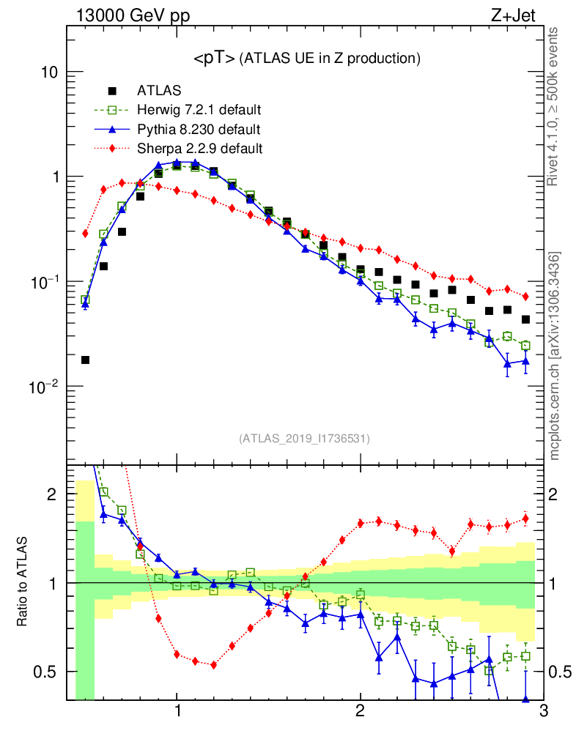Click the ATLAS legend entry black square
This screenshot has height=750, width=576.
pos(112,91)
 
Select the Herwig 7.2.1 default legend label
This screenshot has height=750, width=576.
pos(199,110)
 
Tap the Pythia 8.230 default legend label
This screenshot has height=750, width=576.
pos(199,129)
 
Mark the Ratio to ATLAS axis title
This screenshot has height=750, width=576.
pos(23,583)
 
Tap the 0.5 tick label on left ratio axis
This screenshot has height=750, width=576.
pos(45,672)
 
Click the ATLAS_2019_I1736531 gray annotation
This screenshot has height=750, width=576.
pos(304,439)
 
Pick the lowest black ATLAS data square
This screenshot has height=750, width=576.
pos(85,360)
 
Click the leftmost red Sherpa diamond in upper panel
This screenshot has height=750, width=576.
pos(85,234)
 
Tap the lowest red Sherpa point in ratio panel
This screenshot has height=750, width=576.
pos(213,665)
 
